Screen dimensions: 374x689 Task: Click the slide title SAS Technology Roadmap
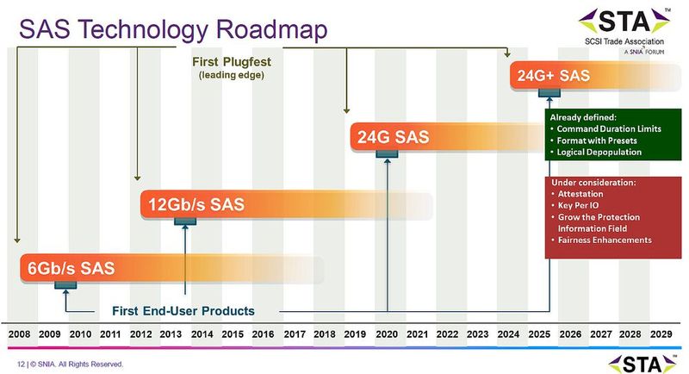[173, 30]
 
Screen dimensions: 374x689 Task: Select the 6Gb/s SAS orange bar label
[67, 268]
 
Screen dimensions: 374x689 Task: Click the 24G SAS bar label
[394, 138]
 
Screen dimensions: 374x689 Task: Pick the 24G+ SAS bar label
[553, 75]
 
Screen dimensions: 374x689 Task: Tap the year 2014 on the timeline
[202, 333]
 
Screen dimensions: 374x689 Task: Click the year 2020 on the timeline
[386, 333]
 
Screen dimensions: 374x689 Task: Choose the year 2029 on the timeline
[661, 333]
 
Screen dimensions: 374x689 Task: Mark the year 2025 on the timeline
[539, 333]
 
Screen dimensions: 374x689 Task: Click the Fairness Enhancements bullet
[608, 240]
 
